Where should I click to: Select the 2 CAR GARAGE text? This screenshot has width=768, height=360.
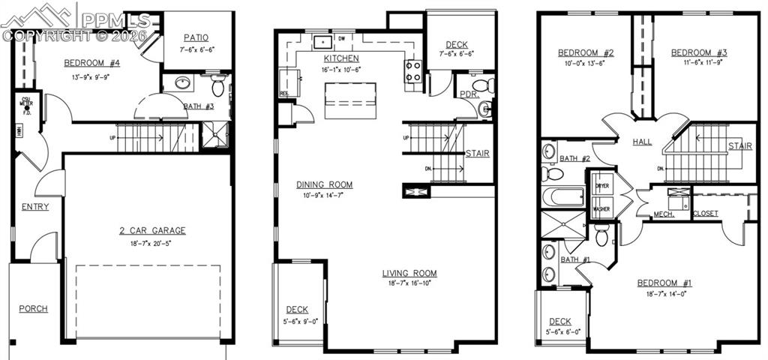tap(152, 231)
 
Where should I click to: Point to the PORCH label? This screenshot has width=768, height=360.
tap(34, 309)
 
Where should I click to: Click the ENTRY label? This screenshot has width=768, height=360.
tap(35, 207)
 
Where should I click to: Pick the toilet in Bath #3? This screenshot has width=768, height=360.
tap(218, 86)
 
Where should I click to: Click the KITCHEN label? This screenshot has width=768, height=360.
tap(341, 58)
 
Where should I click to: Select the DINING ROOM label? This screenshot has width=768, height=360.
tap(324, 184)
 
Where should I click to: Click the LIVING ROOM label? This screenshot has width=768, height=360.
tap(409, 274)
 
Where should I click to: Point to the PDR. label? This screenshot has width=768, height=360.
tap(469, 94)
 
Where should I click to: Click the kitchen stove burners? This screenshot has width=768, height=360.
tap(413, 72)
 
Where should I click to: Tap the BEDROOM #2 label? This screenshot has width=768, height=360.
tap(586, 53)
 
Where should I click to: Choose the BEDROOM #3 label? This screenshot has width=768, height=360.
tap(699, 52)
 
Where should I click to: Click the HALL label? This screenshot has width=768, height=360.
tap(642, 142)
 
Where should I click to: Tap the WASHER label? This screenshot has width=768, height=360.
tap(601, 209)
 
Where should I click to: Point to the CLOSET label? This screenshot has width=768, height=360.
tap(705, 214)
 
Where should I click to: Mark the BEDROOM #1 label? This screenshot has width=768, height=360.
tap(664, 283)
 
